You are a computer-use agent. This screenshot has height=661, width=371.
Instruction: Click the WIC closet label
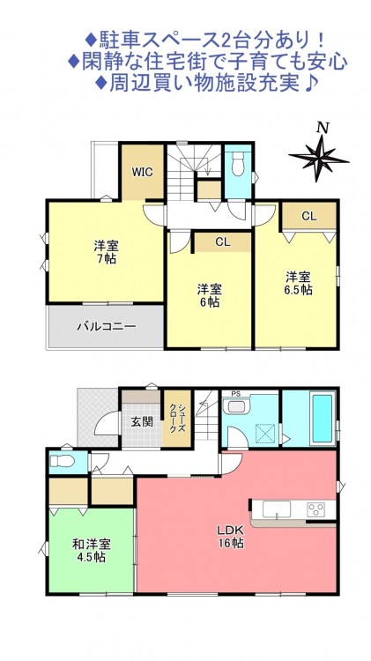pos(142,172)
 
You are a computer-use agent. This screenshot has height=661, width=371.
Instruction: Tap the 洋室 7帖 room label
pos(107,252)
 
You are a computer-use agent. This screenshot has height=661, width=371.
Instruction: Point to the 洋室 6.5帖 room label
pos(298,283)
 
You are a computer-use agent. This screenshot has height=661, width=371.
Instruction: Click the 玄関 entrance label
pos(141,421)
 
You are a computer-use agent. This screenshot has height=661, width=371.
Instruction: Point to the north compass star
pos(319,158)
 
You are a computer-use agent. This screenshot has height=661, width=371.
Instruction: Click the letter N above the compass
pos(323,128)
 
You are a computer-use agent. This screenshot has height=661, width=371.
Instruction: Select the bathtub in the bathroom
pos(323,418)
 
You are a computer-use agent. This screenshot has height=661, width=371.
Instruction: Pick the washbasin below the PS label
pos(236,407)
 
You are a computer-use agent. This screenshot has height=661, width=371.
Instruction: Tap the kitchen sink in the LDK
pos(276,509)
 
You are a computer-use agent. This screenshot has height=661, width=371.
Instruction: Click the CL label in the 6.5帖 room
pos(308,216)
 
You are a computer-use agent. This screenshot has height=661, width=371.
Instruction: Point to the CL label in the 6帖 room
pos(223,242)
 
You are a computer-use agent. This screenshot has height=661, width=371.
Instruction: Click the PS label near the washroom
pos(234,394)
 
